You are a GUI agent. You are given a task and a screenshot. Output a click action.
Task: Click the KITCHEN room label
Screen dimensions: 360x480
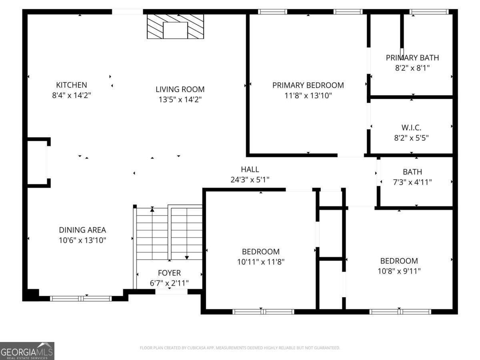click(71, 85)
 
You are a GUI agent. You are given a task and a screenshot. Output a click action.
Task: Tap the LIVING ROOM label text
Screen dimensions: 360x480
click(180, 89)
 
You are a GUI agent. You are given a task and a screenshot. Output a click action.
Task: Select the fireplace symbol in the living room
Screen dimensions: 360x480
click(175, 27)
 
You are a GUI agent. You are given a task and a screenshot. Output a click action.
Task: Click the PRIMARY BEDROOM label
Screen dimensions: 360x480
click(308, 85)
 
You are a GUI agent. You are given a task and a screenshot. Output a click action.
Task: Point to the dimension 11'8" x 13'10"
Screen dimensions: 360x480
click(308, 96)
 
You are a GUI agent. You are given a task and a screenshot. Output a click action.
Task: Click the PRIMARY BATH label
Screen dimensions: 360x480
click(412, 58)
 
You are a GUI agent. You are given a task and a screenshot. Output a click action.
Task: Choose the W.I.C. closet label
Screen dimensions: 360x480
click(412, 128)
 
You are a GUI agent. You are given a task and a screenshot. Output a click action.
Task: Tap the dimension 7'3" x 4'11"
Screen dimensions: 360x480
click(412, 182)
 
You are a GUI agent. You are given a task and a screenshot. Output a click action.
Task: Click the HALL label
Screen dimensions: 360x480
click(250, 169)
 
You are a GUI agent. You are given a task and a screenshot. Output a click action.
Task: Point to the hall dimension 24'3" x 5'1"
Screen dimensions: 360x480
click(250, 180)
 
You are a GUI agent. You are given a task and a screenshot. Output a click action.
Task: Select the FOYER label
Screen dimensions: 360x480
click(169, 273)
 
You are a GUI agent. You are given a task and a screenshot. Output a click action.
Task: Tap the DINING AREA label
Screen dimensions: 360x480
click(82, 230)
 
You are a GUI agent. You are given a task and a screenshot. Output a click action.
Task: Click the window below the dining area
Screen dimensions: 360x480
click(81, 298)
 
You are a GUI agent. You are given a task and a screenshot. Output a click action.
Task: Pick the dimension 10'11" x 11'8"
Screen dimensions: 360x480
click(260, 262)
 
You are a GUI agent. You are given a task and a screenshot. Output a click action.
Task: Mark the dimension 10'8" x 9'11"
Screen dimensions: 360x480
click(399, 271)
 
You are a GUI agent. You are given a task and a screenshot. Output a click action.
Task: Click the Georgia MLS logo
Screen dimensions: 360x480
click(27, 351)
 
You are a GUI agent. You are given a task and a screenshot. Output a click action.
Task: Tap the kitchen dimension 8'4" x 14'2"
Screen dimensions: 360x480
click(71, 95)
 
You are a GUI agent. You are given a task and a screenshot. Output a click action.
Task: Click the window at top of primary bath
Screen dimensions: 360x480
click(429, 12)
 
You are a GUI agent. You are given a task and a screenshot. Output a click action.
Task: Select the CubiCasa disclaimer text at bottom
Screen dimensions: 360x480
click(240, 348)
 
